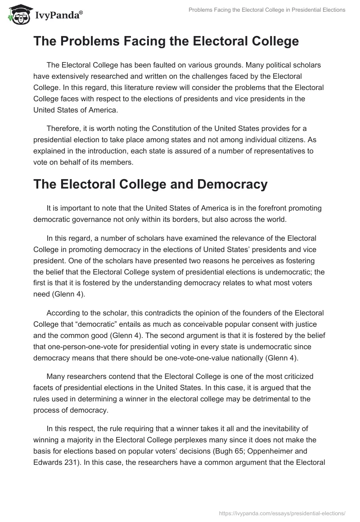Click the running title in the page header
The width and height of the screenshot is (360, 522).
266,10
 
